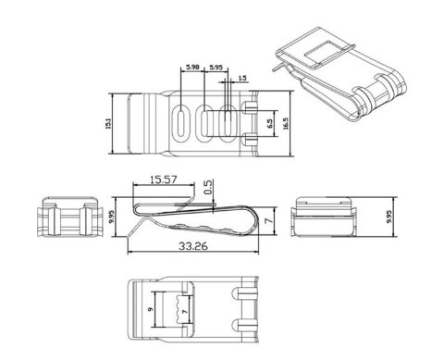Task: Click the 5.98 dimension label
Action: pyautogui.click(x=192, y=68)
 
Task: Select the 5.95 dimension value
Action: pyautogui.click(x=216, y=68)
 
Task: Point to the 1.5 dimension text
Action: pyautogui.click(x=242, y=80)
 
